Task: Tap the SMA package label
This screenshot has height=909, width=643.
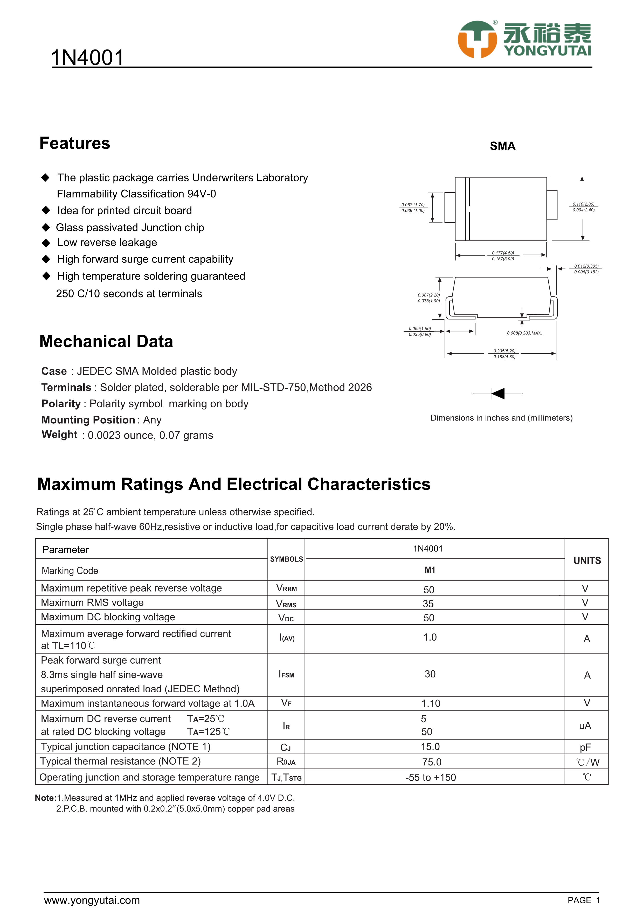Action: click(x=502, y=146)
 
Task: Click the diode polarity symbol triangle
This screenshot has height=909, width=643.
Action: click(x=498, y=394)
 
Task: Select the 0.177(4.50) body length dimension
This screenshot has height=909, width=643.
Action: click(x=503, y=253)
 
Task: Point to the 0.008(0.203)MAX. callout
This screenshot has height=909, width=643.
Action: click(x=524, y=333)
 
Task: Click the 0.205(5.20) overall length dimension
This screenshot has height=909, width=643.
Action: click(x=504, y=351)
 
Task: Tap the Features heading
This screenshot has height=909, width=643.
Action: click(x=75, y=143)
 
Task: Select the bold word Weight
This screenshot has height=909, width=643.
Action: click(x=59, y=435)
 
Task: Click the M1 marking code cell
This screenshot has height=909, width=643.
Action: click(x=430, y=570)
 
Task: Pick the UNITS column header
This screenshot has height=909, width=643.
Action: click(x=587, y=560)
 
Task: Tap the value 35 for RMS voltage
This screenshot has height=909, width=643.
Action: click(x=428, y=604)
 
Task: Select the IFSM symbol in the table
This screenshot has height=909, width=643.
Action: click(x=286, y=674)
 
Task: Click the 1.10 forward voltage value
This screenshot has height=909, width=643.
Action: click(x=431, y=703)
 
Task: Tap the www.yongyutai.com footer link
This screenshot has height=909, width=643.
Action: click(x=92, y=900)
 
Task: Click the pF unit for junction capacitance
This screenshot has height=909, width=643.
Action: click(x=585, y=748)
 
